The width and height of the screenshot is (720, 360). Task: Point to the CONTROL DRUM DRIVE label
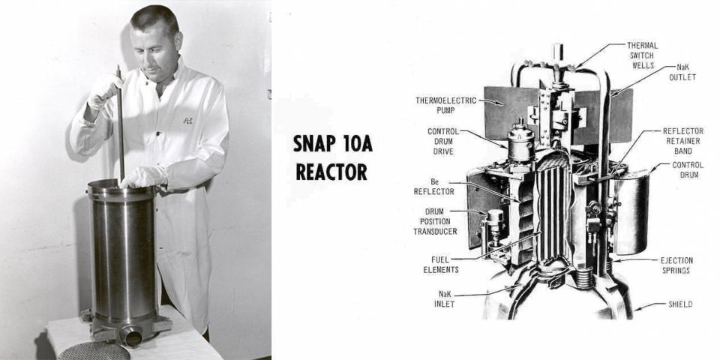tap(442, 141)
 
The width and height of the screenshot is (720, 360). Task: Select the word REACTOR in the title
tap(331, 172)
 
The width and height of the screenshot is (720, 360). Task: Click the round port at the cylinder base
tap(133, 337)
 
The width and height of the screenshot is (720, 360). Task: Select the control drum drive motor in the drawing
tap(519, 142)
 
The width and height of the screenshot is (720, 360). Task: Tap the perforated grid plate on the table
tap(94, 351)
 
